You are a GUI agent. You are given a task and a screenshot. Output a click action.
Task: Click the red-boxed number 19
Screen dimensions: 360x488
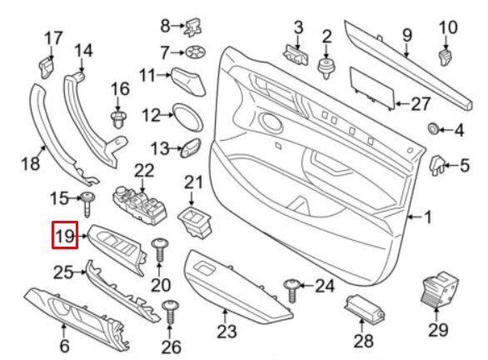click(x=64, y=237)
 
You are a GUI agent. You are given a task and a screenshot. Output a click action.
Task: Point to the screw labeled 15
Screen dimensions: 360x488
click(x=87, y=200)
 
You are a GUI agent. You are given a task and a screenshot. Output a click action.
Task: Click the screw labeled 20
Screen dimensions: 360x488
click(x=160, y=248)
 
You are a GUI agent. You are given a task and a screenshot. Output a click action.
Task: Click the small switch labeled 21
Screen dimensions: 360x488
click(x=195, y=221)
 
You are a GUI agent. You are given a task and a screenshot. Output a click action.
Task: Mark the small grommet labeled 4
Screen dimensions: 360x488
click(x=433, y=128)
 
